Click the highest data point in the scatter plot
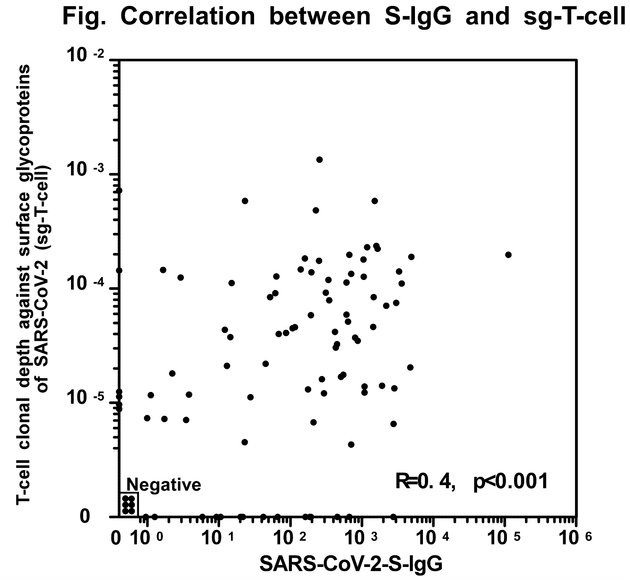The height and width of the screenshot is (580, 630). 319,159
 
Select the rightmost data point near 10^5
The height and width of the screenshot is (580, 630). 508,255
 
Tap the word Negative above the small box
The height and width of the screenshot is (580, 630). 164,485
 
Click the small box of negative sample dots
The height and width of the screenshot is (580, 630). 129,504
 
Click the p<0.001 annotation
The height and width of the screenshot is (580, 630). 510,481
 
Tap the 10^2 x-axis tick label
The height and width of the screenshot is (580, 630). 292,538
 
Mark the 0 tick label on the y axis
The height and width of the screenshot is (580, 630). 85,516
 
